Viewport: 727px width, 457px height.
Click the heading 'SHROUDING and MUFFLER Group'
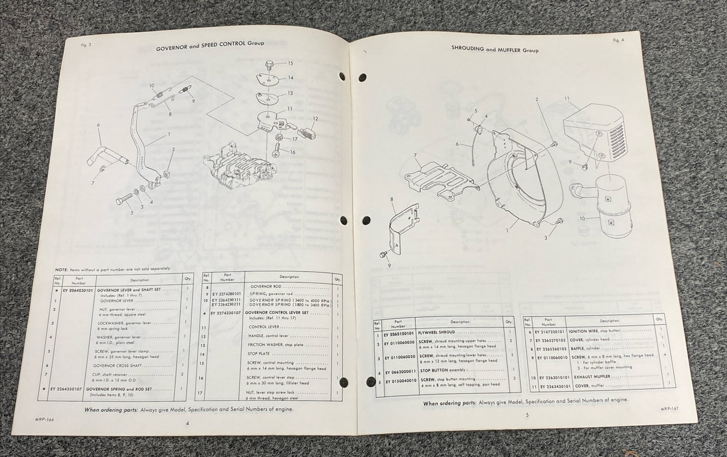tap(495, 50)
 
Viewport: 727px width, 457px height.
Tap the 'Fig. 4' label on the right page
tap(618, 40)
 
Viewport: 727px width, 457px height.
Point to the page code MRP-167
tap(669, 409)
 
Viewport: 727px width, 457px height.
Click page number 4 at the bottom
tap(188, 423)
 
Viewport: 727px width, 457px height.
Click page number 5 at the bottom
tap(527, 415)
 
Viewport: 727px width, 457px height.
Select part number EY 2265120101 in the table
tap(400, 333)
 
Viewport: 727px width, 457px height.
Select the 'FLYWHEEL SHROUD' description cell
tap(437, 332)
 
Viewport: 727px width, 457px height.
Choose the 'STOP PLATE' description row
tap(260, 354)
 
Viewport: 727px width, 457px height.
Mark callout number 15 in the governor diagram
tap(290, 63)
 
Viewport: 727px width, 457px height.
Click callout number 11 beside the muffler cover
tap(568, 99)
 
